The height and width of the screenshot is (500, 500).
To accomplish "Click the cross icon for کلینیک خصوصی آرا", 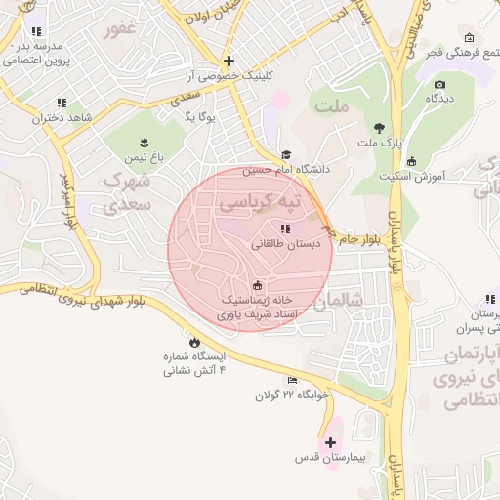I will coord(229,60).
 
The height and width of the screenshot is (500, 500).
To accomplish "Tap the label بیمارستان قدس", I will coord(331,457).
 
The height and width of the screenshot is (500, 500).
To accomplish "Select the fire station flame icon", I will coord(194,342).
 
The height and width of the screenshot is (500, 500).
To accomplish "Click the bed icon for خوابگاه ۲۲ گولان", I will coord(292,380).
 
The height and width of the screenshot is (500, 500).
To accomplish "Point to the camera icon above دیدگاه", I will coord(439,85).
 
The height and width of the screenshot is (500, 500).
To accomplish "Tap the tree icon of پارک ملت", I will coord(379,128).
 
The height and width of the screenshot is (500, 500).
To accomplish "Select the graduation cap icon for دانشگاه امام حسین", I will coord(286,154).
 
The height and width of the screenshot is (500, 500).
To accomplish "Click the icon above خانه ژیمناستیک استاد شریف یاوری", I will coord(257,286).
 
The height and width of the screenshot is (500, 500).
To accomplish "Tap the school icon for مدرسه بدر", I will coord(36,31).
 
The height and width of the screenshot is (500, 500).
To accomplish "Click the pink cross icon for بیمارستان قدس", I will coord(330,442).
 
